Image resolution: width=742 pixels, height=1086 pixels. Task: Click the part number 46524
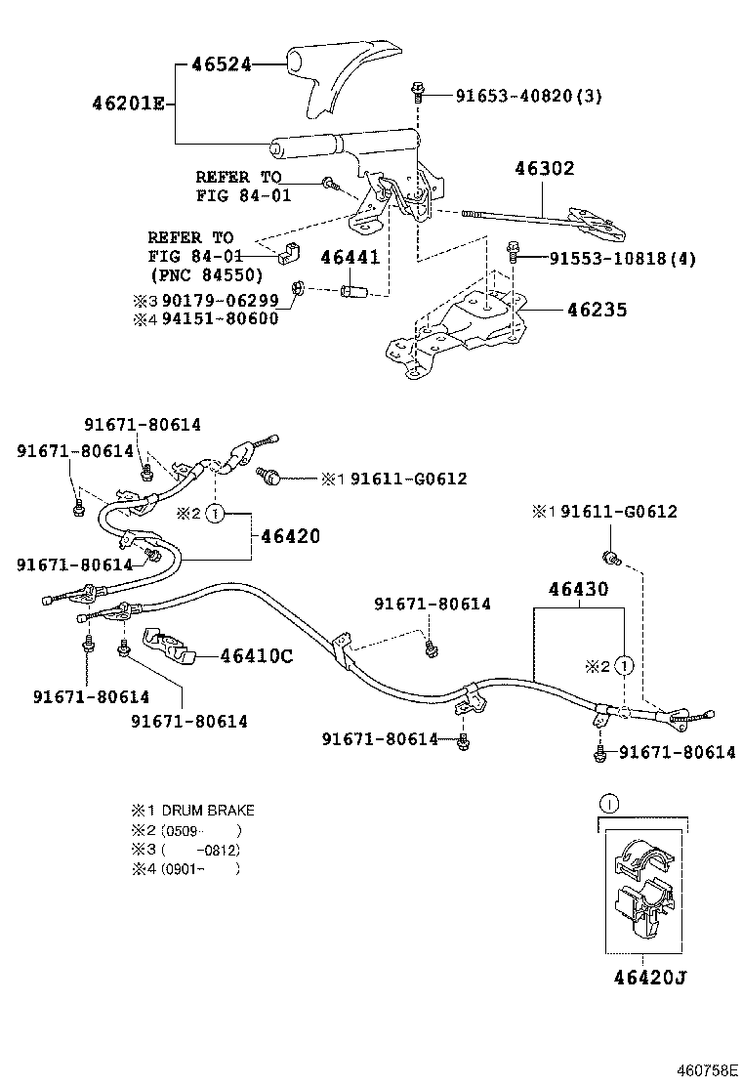[x=222, y=64]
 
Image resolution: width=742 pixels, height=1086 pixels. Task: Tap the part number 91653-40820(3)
[x=528, y=96]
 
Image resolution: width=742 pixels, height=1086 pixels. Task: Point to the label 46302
[x=545, y=168]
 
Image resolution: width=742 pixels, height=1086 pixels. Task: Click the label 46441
[x=351, y=257]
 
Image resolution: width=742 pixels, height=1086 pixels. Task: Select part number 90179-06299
[x=221, y=300]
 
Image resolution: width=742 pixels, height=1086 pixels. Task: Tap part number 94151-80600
[x=221, y=318]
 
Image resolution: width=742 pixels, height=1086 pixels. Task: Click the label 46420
[x=290, y=536]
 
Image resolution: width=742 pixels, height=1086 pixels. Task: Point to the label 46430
[x=578, y=589]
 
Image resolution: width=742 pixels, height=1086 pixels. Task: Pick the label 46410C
[x=256, y=656]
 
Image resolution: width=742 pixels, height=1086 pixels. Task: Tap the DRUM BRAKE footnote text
[x=207, y=811]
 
